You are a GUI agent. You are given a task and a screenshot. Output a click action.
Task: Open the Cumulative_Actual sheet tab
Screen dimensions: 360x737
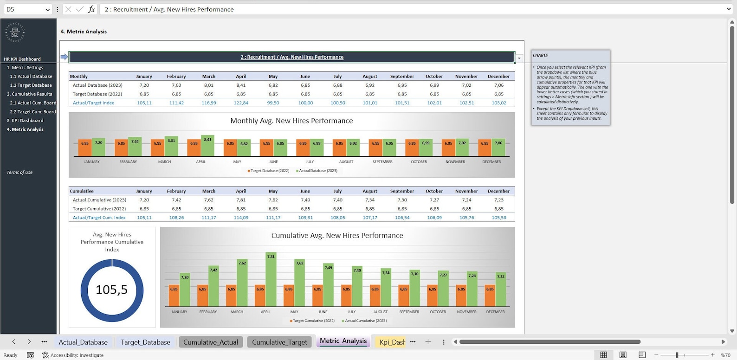tap(210, 342)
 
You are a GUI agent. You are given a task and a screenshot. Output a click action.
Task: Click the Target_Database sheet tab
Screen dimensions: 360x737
tap(145, 342)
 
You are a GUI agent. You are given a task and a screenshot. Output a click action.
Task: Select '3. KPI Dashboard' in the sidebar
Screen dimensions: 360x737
tap(25, 121)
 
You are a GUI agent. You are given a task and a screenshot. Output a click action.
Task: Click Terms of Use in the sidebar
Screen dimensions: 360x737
tap(19, 173)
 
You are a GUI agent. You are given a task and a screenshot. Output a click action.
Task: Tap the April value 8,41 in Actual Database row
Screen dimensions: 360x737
tap(241, 85)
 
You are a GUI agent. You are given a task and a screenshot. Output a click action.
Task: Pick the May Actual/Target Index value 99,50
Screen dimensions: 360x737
tap(273, 103)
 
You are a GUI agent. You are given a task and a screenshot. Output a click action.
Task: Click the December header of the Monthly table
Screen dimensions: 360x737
tap(498, 77)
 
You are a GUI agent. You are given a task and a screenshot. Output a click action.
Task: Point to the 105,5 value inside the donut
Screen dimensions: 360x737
tap(111, 290)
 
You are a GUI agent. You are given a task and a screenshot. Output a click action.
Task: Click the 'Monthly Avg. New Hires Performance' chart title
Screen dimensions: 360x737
tap(291, 121)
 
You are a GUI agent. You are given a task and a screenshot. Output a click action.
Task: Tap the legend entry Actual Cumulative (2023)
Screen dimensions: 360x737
tap(364, 321)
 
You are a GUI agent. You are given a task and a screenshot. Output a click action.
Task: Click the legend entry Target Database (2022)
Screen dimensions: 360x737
tap(269, 171)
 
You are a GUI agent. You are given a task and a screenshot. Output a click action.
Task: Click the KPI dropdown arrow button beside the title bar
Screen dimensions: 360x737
tap(519, 58)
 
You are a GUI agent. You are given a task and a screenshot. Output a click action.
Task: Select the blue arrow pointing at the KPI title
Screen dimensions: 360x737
tap(64, 57)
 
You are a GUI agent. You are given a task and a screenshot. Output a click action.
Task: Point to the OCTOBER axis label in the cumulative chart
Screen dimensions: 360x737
tap(438, 312)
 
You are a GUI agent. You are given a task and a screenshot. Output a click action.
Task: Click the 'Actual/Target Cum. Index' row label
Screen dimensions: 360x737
tap(99, 218)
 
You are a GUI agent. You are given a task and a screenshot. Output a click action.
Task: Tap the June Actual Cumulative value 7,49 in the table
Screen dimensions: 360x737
tap(305, 200)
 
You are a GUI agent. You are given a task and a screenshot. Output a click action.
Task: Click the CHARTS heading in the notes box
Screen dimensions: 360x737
tap(540, 55)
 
